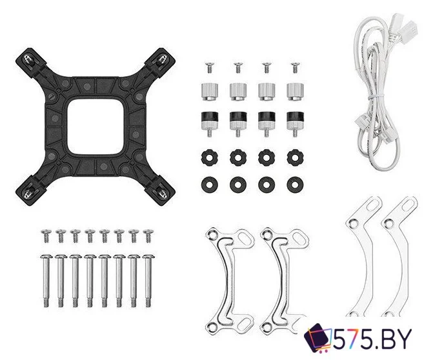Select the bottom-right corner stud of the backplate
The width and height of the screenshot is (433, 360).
coord(161,192)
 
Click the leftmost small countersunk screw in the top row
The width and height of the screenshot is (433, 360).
coord(209,68)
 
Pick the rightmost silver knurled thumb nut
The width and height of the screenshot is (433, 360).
coord(295,92)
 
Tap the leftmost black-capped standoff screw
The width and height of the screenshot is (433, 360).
coord(210,123)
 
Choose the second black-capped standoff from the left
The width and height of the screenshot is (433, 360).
coord(237,124)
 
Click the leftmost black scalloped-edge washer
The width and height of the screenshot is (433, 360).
coord(209,157)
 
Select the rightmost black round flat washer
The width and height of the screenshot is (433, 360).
coord(295,185)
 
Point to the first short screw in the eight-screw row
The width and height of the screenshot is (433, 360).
coord(45,235)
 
